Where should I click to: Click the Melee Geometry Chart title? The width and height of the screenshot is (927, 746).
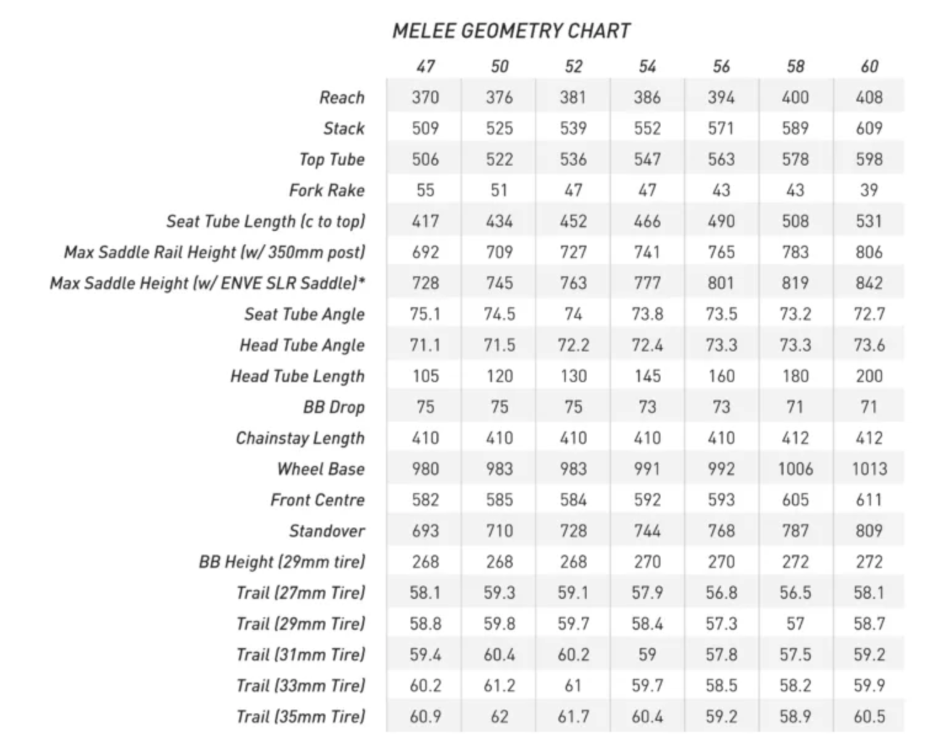click(511, 31)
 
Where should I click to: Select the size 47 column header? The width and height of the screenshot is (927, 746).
click(425, 66)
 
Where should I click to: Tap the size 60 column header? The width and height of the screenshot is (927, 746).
click(869, 66)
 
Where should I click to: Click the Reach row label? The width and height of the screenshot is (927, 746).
click(342, 97)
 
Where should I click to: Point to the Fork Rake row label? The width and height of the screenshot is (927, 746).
click(327, 190)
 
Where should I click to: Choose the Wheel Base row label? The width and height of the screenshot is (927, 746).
click(321, 469)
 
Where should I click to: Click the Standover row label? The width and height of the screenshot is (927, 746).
click(327, 531)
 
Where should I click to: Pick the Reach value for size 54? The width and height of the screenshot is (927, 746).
click(647, 97)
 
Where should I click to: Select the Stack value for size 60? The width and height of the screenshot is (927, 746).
click(869, 128)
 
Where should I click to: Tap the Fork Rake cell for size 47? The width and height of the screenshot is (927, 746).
click(425, 190)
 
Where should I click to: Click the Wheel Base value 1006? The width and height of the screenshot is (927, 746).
click(795, 469)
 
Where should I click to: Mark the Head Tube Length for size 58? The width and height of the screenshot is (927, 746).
click(795, 376)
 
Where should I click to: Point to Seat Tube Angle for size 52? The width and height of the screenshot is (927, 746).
click(573, 314)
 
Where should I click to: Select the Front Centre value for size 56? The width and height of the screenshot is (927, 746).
click(721, 500)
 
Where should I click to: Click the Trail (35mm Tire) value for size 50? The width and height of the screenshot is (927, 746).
click(499, 716)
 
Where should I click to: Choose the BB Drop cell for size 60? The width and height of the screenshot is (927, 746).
click(869, 407)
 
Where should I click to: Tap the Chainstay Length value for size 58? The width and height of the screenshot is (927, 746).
click(795, 438)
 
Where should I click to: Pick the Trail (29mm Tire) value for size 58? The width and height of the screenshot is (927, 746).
click(795, 624)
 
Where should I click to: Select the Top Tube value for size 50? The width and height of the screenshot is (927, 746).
click(499, 159)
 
